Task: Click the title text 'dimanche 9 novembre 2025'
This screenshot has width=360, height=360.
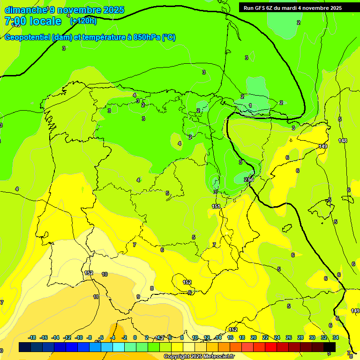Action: click(x=64, y=10)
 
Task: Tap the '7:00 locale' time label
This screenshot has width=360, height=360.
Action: click(x=33, y=21)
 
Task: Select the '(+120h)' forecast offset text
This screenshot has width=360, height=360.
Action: click(x=83, y=21)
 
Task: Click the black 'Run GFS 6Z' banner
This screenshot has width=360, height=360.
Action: click(x=292, y=8)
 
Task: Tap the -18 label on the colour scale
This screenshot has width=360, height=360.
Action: click(x=32, y=337)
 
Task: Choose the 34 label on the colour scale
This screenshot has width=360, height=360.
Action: click(x=336, y=337)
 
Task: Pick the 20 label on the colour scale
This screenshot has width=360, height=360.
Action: click(x=254, y=337)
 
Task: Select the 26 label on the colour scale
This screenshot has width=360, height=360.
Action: click(x=289, y=337)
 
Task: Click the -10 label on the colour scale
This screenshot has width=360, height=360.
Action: click(x=78, y=337)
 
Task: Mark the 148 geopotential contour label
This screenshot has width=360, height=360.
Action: click(x=343, y=141)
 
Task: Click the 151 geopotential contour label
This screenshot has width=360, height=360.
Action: click(x=216, y=206)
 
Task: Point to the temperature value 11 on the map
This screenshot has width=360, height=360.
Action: click(x=96, y=297)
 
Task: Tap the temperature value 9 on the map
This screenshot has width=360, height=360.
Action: click(x=138, y=297)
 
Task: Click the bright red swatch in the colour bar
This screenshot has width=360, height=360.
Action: click(x=271, y=347)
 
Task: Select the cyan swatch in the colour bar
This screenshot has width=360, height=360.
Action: click(x=119, y=347)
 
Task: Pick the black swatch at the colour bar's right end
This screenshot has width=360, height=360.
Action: click(x=330, y=347)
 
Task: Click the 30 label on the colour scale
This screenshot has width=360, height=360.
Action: click(x=312, y=337)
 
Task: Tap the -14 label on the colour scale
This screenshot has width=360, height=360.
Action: click(x=55, y=337)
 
